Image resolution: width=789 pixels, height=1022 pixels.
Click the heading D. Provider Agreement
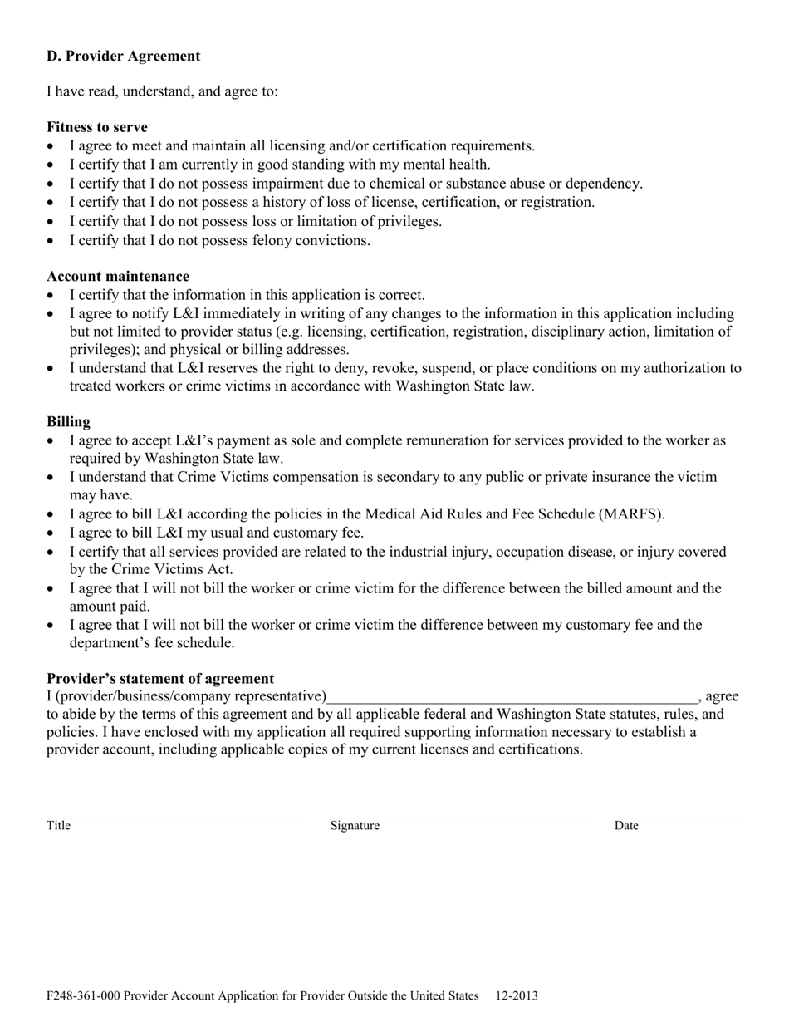123,57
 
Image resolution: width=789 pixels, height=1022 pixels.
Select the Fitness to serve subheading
97,127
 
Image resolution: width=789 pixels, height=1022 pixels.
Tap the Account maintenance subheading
118,276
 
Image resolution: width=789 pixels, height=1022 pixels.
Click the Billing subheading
69,422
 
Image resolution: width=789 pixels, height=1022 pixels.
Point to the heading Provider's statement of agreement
160,679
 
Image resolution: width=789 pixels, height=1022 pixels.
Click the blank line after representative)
512,697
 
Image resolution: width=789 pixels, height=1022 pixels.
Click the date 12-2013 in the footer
517,995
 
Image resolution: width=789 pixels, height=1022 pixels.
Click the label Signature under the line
355,826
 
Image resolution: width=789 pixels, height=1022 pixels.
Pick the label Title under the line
58,826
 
